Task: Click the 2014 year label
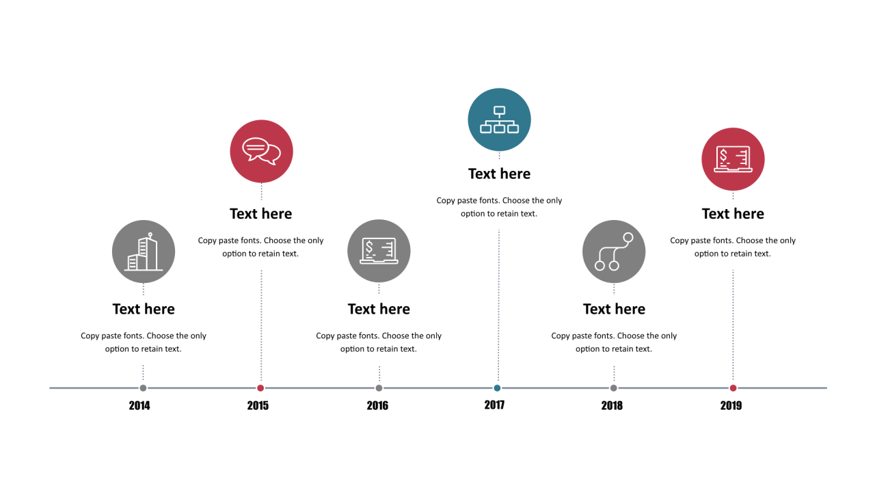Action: pyautogui.click(x=139, y=405)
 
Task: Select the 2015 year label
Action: pyautogui.click(x=258, y=405)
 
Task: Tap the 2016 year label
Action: pyautogui.click(x=377, y=405)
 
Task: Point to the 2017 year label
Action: pyautogui.click(x=494, y=405)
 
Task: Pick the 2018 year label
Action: pyautogui.click(x=612, y=405)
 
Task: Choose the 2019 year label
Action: pyautogui.click(x=731, y=405)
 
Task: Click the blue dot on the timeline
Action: pyautogui.click(x=497, y=387)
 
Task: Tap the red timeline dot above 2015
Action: pyautogui.click(x=260, y=387)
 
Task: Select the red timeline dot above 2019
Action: pyautogui.click(x=733, y=387)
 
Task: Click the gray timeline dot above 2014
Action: pyautogui.click(x=143, y=387)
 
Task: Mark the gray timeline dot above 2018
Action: pyautogui.click(x=614, y=387)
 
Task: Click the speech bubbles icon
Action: pyautogui.click(x=261, y=151)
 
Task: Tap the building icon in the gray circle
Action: pyautogui.click(x=144, y=252)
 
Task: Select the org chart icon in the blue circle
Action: pyautogui.click(x=499, y=120)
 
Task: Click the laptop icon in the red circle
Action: pyautogui.click(x=733, y=159)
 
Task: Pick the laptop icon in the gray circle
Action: pyautogui.click(x=379, y=251)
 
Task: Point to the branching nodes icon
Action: pyautogui.click(x=614, y=251)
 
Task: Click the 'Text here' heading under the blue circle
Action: pyautogui.click(x=499, y=174)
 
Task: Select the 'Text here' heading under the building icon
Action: pyautogui.click(x=144, y=309)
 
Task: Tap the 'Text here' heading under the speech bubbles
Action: pyautogui.click(x=260, y=214)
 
